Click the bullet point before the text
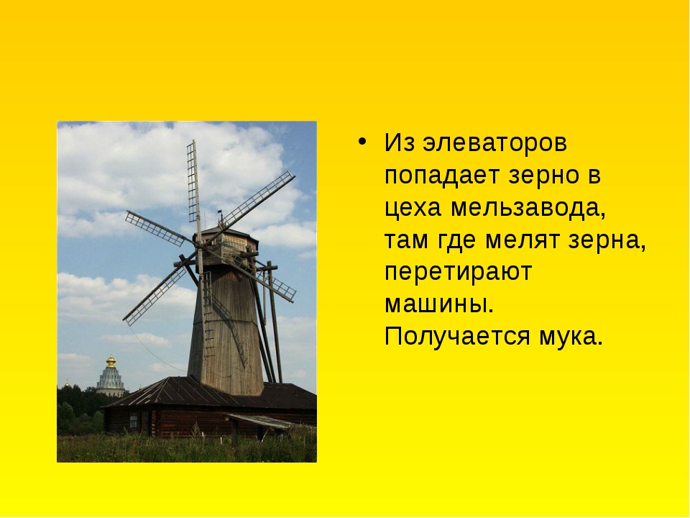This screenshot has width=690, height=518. click(362, 142)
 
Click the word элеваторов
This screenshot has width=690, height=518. click(494, 142)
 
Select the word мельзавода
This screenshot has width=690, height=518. click(528, 207)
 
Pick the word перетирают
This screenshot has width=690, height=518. click(458, 273)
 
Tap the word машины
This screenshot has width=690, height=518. click(439, 305)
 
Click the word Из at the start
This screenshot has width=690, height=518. click(399, 142)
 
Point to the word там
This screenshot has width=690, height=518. click(406, 240)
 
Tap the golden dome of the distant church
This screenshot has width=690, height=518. click(111, 362)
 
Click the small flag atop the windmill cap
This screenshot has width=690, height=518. click(220, 212)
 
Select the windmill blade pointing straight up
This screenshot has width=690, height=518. click(194, 185)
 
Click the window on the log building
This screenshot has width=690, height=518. click(134, 422)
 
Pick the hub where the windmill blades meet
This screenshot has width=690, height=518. click(200, 250)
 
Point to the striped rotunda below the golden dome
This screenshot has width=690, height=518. click(111, 380)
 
